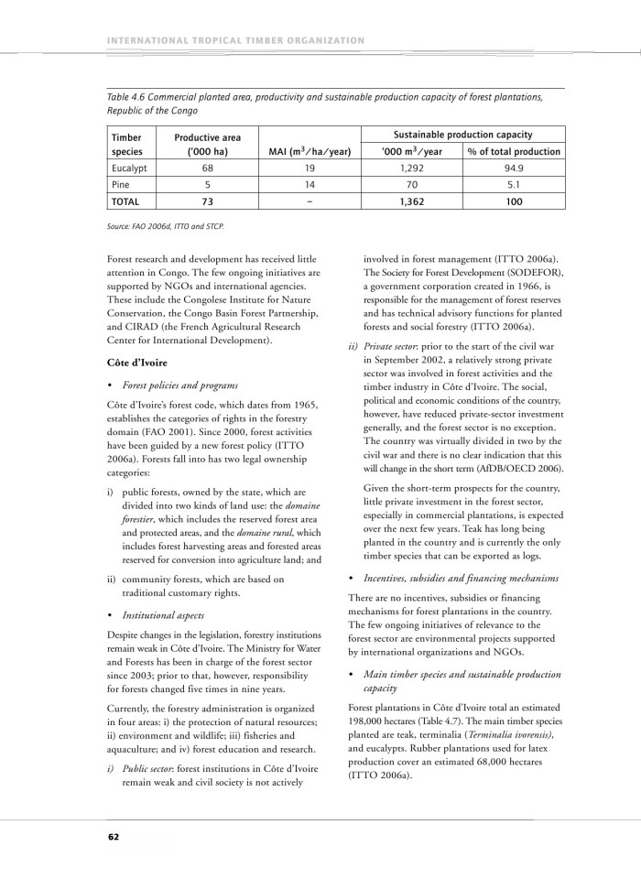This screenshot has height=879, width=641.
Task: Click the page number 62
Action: (x=113, y=836)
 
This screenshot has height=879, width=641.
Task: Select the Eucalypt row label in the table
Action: (x=129, y=168)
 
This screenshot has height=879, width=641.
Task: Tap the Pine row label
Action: (x=121, y=184)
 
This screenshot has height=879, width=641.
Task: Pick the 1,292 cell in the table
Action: (x=410, y=168)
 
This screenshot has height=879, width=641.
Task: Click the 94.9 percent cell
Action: (x=514, y=168)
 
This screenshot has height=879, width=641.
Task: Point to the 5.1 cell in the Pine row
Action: (x=514, y=184)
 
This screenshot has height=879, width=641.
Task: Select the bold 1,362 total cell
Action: (x=410, y=201)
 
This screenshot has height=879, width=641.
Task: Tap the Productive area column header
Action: (x=207, y=144)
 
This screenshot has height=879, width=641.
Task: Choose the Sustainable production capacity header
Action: (x=462, y=134)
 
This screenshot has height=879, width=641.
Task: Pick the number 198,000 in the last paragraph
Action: (x=371, y=722)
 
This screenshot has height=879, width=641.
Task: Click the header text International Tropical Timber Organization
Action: (x=236, y=40)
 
